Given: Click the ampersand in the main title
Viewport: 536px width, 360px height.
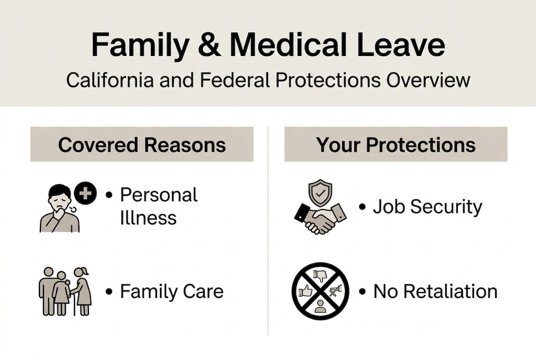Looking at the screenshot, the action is [209, 45].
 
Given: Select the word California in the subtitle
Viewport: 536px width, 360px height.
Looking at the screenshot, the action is [110, 80].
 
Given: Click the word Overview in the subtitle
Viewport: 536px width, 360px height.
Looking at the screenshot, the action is [428, 80].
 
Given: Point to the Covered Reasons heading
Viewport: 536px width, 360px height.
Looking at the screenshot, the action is [142, 145].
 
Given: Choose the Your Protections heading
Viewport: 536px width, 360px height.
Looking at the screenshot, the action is [396, 145].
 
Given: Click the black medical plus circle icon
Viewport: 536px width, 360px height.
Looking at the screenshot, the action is [85, 193].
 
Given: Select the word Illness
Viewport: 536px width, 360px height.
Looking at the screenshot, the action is [148, 217].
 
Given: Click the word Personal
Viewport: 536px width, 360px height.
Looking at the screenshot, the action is [159, 195].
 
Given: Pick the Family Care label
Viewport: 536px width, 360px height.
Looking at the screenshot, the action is [172, 291].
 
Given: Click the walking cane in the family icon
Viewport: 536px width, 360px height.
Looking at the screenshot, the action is [74, 301].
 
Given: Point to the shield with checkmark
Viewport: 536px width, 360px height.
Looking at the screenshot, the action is [320, 192].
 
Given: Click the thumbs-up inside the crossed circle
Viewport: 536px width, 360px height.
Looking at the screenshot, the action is [306, 291].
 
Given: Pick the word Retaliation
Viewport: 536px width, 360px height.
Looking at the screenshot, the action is [451, 291].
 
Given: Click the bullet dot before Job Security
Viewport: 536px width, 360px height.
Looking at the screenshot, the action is [363, 207].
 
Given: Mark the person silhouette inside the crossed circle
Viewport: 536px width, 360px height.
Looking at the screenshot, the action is [320, 306].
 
